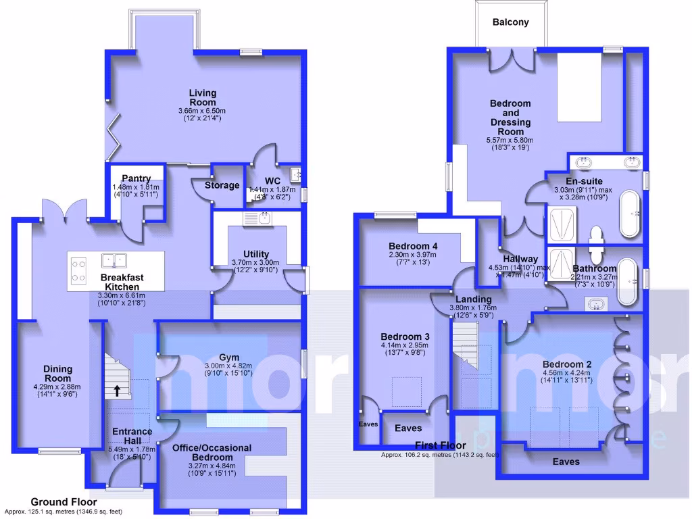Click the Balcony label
(510, 22)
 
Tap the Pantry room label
(136, 178)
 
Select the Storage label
(222, 185)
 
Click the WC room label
(272, 181)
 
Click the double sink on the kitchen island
(113, 259)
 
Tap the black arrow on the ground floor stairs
(117, 390)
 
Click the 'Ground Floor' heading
(64, 502)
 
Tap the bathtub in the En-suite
(629, 214)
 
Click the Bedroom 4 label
(413, 246)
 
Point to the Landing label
(473, 299)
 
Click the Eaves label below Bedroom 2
(566, 462)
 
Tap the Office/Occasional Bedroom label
(212, 452)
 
